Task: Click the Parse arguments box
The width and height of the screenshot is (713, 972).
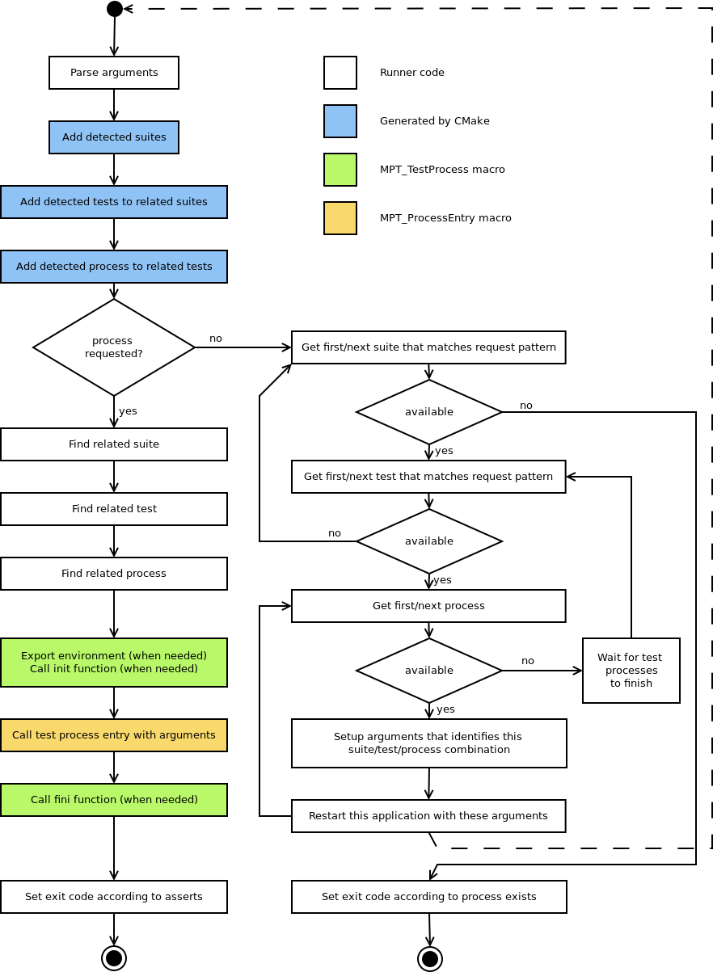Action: tap(114, 73)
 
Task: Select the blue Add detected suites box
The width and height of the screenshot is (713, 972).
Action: tap(114, 137)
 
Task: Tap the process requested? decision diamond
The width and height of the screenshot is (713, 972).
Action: tap(114, 347)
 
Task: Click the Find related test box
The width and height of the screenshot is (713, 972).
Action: tap(114, 509)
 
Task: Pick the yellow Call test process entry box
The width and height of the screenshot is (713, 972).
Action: tap(114, 735)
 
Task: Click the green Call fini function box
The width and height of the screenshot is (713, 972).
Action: tap(114, 800)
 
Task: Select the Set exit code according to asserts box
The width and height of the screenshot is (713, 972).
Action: tap(114, 897)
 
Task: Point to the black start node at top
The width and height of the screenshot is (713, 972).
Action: tap(115, 9)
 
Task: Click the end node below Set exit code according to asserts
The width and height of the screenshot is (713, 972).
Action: tap(114, 958)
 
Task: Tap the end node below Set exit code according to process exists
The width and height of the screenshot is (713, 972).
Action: tap(430, 959)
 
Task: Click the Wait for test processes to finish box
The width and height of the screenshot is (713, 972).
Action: tap(631, 671)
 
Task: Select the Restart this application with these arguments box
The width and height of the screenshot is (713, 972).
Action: tap(428, 816)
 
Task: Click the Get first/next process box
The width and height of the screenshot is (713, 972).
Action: tap(428, 606)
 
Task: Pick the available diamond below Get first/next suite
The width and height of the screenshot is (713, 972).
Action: tap(429, 412)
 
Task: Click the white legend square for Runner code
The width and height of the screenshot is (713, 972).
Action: tap(340, 73)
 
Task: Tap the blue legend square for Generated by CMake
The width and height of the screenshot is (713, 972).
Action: tap(340, 121)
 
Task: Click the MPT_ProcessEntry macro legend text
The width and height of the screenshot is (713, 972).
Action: tap(445, 218)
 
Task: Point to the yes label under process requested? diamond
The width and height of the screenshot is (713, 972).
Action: tap(128, 411)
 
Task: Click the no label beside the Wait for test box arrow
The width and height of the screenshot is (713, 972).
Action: tap(528, 661)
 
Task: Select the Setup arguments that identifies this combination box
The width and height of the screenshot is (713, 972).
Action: tap(428, 743)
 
